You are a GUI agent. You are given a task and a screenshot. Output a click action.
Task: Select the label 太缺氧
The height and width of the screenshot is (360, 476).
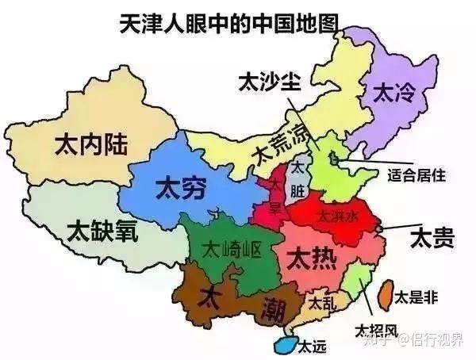[102, 231]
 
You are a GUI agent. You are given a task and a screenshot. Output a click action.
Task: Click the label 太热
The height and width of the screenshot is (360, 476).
[307, 258]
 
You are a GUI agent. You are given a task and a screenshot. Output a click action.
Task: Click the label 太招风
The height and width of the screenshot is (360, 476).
[375, 331]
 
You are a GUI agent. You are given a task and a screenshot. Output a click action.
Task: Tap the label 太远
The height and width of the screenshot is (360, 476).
[312, 347]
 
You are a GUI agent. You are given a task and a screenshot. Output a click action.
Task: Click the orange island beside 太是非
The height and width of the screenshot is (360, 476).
[382, 294]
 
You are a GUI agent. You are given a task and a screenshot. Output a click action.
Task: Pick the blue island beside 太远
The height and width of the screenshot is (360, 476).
[283, 345]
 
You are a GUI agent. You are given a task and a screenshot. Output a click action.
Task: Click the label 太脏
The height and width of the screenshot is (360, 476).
[297, 181]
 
